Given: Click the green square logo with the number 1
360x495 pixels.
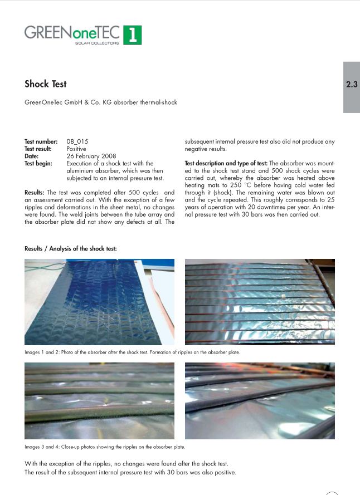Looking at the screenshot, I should tap(132, 35).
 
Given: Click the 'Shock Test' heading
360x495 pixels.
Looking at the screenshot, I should tap(45, 84).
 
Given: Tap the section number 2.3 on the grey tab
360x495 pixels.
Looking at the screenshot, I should tap(352, 85).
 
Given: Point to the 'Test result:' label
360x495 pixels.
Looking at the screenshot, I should tap(38, 149).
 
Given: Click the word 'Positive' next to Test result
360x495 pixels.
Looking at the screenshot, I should tap(76, 149).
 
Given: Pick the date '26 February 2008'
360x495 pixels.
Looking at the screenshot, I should tap(91, 156).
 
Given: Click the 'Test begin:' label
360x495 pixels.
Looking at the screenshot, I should tap(38, 164).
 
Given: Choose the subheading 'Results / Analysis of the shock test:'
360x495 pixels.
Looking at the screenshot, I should tap(71, 248).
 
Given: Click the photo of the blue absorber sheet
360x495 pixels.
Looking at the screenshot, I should tap(99, 302).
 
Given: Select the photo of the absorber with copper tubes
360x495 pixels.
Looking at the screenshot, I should tap(260, 302).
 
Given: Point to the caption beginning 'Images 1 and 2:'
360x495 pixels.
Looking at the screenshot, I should tap(132, 352).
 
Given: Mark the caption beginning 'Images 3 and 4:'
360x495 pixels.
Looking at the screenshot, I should tap(105, 447).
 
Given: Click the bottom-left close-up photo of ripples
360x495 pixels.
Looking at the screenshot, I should tap(99, 401).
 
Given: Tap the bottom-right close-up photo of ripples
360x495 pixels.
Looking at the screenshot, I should tap(260, 401).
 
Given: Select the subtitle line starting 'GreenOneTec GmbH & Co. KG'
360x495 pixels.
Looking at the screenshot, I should tap(101, 102).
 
